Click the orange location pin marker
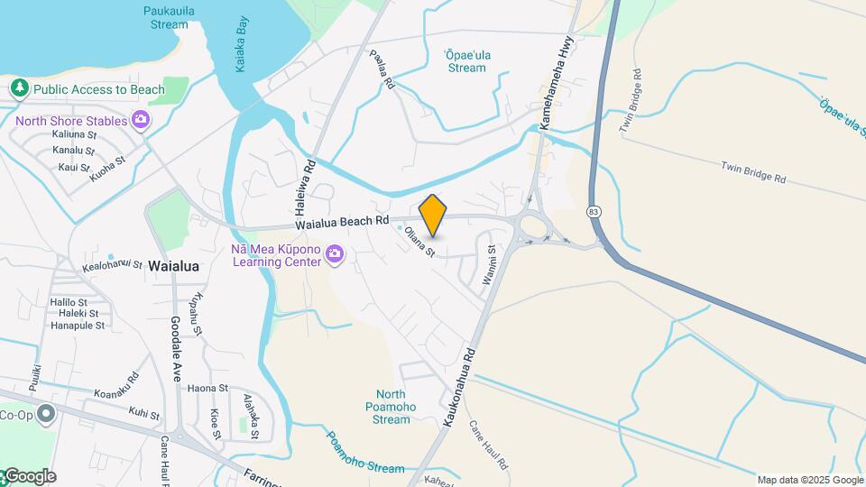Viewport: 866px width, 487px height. (x=433, y=215)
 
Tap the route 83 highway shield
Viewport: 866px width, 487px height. (x=594, y=211)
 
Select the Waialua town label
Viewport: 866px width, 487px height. (x=173, y=266)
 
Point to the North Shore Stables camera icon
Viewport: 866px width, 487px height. (x=140, y=119)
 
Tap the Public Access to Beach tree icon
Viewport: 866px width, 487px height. (x=18, y=88)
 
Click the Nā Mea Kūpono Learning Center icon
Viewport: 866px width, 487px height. (x=335, y=254)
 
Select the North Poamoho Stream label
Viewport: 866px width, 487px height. (x=391, y=407)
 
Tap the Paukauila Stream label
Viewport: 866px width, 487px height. (x=165, y=18)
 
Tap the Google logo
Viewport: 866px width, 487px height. (x=29, y=476)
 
